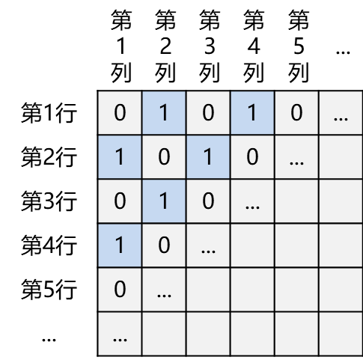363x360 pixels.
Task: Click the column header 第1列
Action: (x=121, y=46)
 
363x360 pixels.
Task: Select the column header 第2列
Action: (x=165, y=46)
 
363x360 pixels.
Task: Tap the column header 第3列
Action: (x=210, y=46)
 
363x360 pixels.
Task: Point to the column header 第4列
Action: (x=254, y=46)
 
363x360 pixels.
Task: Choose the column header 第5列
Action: (x=299, y=46)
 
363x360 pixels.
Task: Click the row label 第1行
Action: (x=49, y=113)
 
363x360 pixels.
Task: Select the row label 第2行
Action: (x=49, y=157)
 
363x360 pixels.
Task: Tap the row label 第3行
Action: (x=49, y=201)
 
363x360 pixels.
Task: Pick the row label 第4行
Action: (x=49, y=245)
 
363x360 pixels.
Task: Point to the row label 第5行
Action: (x=49, y=290)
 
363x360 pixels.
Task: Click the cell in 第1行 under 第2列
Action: (x=164, y=113)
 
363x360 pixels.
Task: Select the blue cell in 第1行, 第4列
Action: (x=252, y=113)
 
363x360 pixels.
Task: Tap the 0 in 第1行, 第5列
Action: (x=296, y=113)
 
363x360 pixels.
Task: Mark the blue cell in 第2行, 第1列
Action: (x=120, y=157)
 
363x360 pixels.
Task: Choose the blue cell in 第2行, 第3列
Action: (x=208, y=157)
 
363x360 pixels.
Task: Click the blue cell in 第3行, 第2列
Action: (x=164, y=201)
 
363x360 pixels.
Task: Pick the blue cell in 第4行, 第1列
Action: (x=120, y=245)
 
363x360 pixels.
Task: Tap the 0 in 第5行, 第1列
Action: (x=120, y=290)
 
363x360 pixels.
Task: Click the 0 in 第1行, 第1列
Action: (x=120, y=113)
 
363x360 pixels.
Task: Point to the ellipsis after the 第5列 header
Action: (x=343, y=52)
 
